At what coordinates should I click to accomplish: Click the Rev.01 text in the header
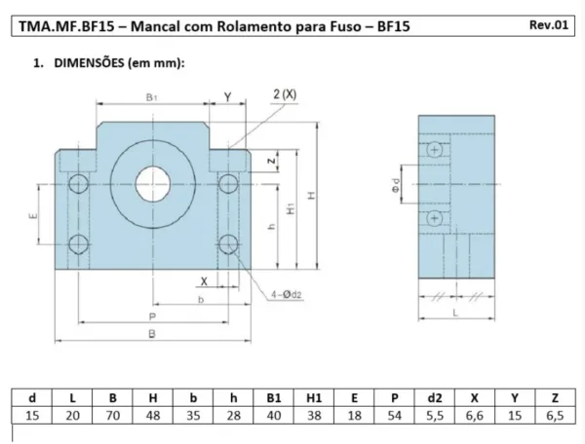(x=549, y=25)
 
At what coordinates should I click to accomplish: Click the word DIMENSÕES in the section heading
(x=89, y=63)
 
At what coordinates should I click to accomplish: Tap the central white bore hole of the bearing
(x=153, y=184)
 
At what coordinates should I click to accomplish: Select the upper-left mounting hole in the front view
(x=78, y=184)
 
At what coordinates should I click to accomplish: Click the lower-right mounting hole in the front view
(x=228, y=244)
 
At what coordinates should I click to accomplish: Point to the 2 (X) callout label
(x=285, y=94)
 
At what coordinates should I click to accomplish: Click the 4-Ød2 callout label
(x=286, y=295)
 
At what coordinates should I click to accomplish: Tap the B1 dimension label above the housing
(x=151, y=97)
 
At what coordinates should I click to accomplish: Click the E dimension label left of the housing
(x=33, y=215)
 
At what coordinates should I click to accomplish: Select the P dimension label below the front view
(x=152, y=316)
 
